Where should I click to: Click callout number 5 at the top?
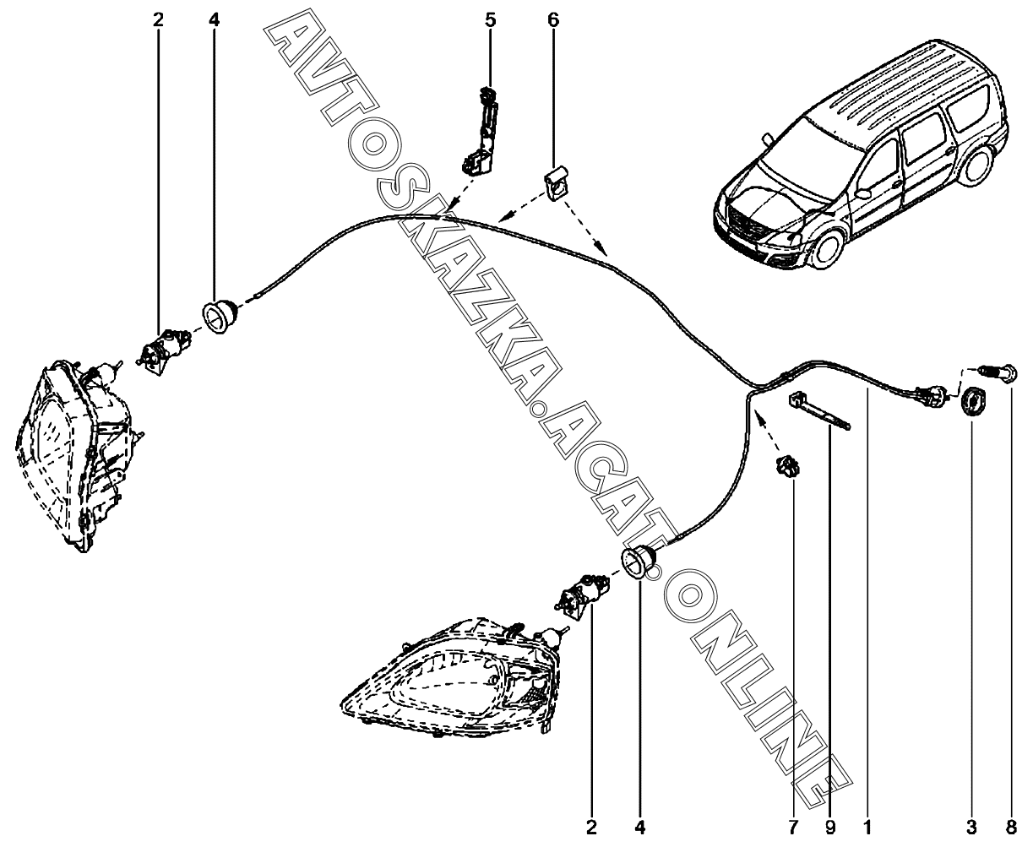tap(491, 19)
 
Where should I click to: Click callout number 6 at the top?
tap(553, 19)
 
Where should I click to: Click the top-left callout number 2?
tap(158, 19)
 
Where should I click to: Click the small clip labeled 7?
tap(787, 466)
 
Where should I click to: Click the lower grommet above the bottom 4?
tap(639, 562)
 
